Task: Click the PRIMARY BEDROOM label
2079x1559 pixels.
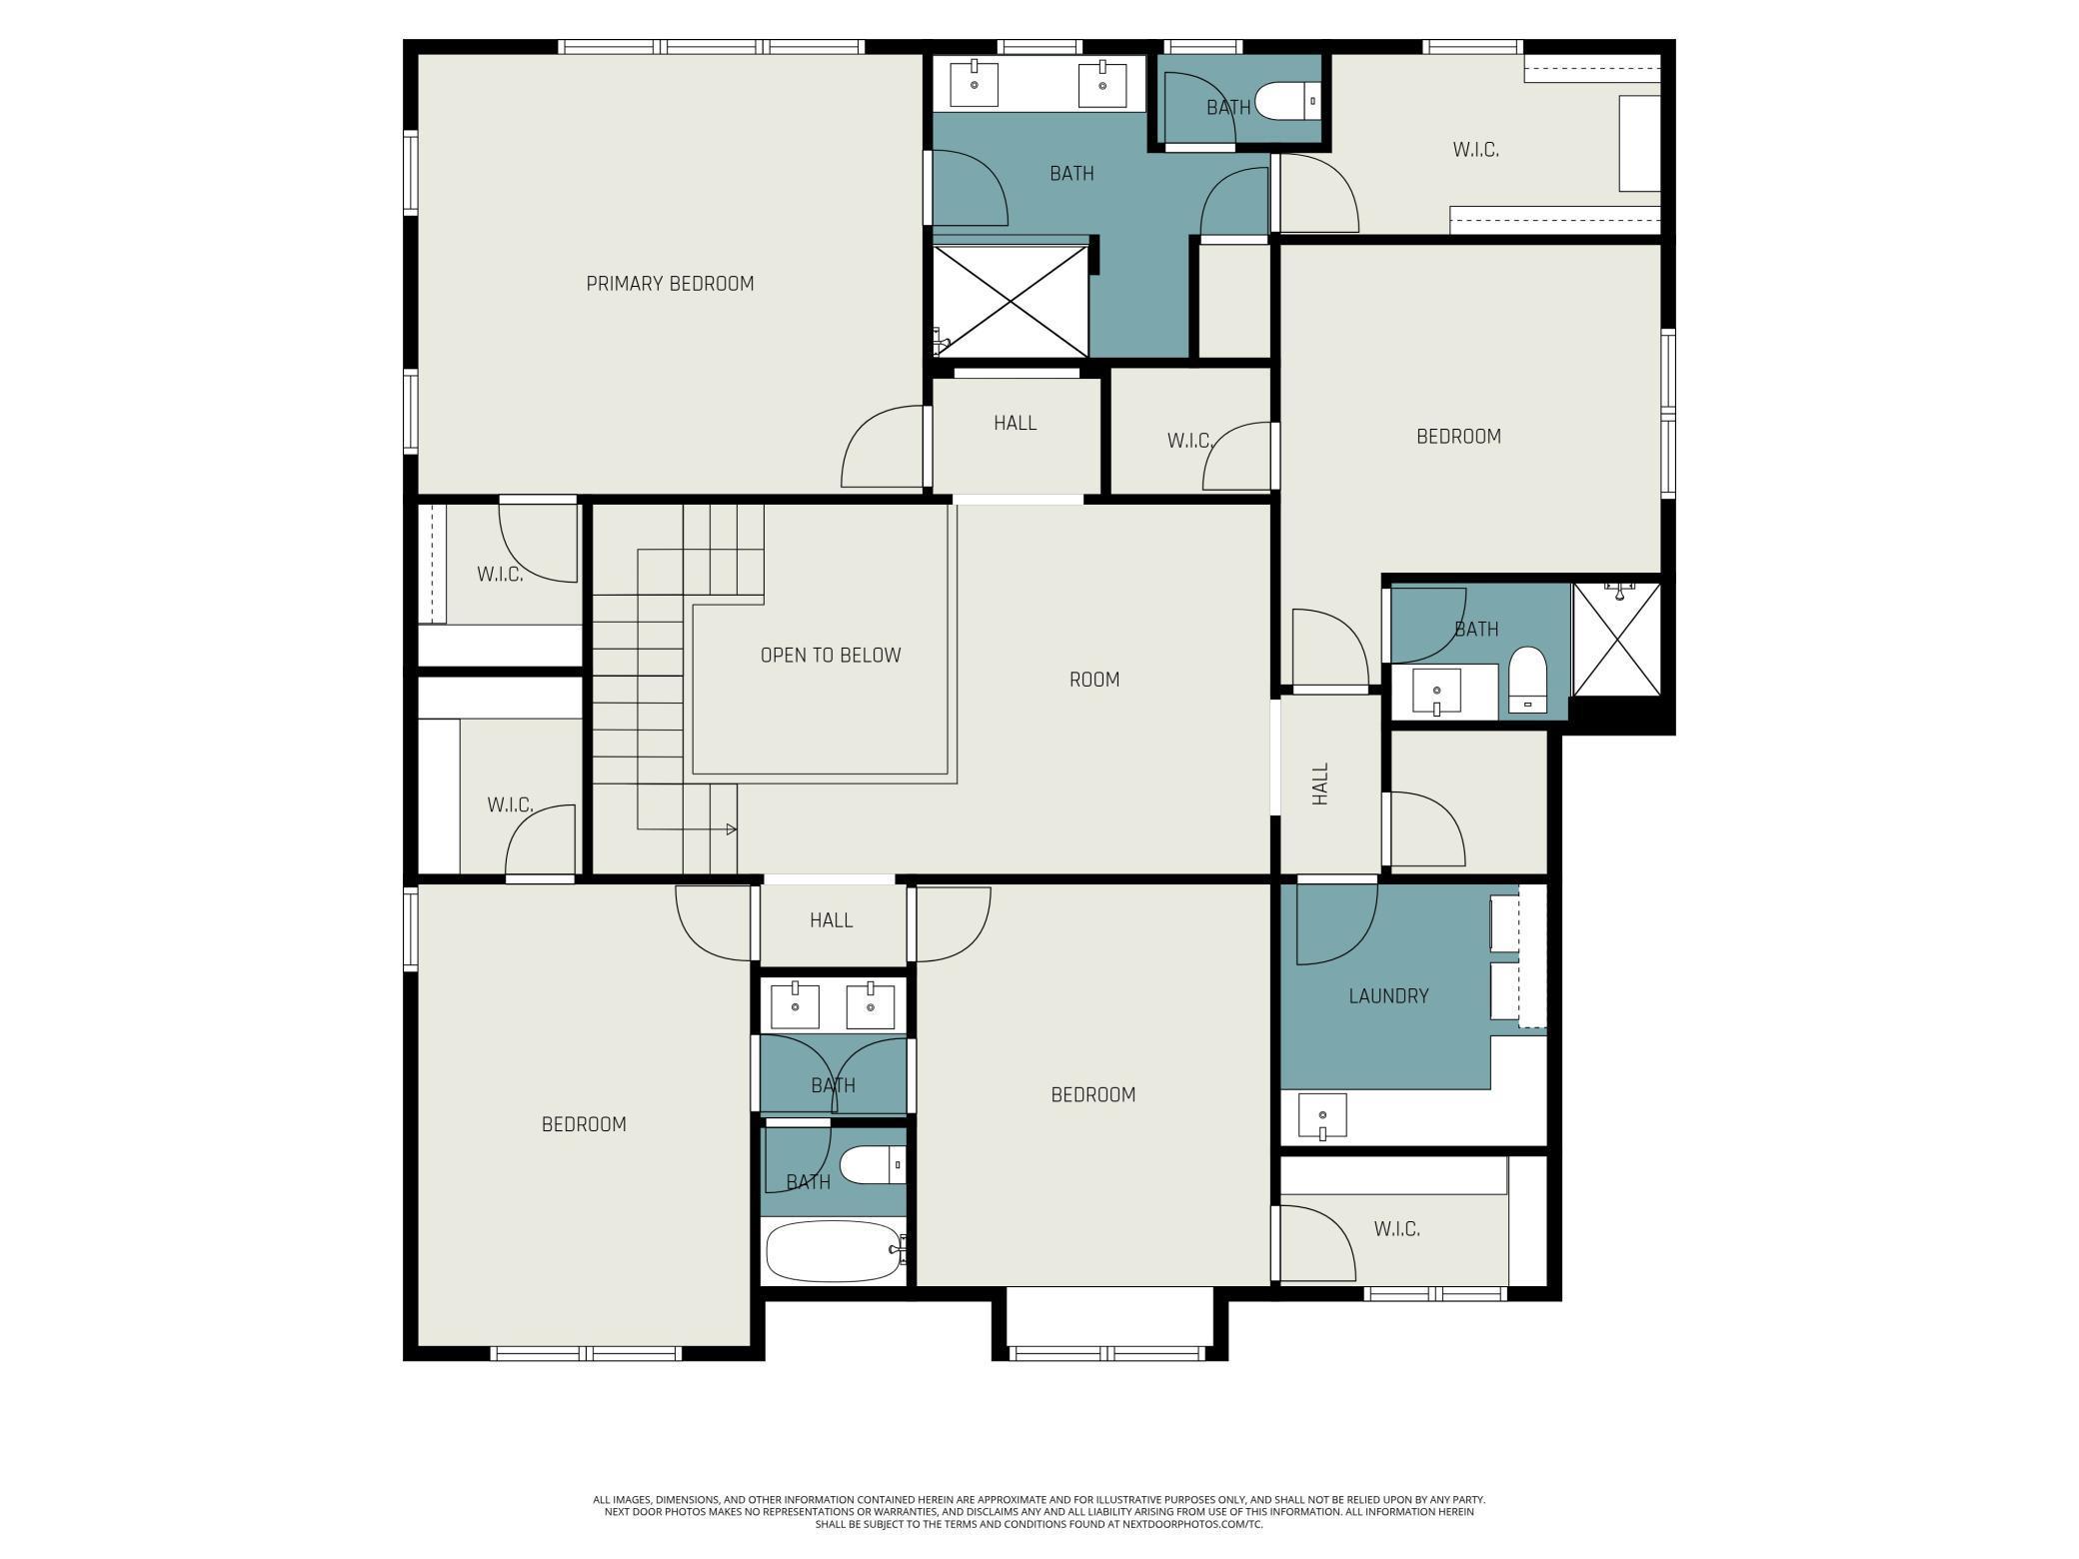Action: pos(670,284)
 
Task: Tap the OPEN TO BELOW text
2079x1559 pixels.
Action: pos(831,656)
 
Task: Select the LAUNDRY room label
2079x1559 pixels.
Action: pos(1388,996)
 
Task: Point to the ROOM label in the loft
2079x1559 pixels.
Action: pos(1094,680)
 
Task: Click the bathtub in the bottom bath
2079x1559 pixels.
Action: pos(835,1250)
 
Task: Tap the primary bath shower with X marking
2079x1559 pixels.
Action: pos(1011,301)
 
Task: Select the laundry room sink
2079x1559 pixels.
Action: pos(1322,1116)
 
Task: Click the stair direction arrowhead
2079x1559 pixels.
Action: pos(732,829)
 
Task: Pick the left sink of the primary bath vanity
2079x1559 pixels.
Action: pos(974,84)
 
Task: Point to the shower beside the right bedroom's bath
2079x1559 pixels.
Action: pos(1617,640)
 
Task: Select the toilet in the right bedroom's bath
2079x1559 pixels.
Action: pos(1527,680)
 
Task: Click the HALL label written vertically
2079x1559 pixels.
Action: pos(1320,784)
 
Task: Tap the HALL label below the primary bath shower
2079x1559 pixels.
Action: pos(1015,424)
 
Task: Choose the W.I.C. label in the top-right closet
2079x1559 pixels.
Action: pos(1475,151)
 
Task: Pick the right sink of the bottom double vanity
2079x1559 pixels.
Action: pos(871,1005)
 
